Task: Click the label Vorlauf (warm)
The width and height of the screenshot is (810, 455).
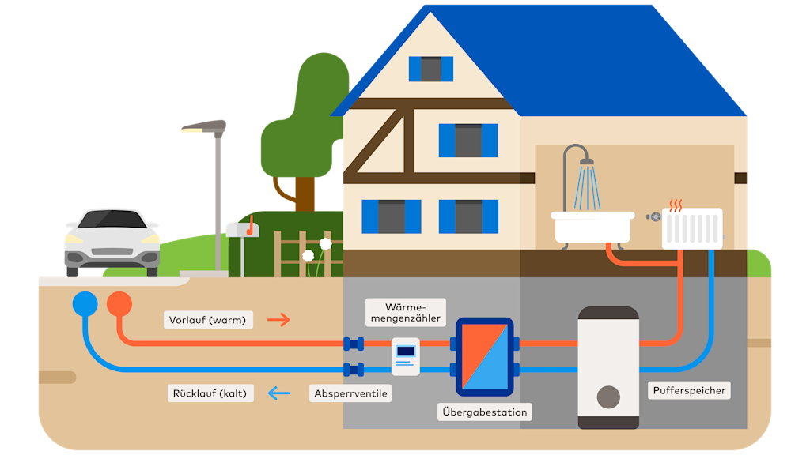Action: tap(208, 320)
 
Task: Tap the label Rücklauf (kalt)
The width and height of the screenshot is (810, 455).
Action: tap(210, 393)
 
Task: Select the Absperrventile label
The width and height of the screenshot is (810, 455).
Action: tap(350, 393)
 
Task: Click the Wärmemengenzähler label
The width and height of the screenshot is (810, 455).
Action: tap(405, 312)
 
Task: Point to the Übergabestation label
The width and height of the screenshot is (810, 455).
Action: tap(484, 412)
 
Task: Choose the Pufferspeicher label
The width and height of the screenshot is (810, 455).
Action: tap(689, 390)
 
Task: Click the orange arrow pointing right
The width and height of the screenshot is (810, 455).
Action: tap(278, 320)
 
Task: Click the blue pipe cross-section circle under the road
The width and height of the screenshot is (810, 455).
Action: tap(85, 303)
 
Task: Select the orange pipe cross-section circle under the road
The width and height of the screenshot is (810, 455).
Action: tap(119, 303)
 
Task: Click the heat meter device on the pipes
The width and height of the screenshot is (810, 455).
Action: tap(405, 355)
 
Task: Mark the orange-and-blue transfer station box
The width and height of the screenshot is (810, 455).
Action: tap(484, 356)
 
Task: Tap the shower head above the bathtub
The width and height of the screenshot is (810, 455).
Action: tap(586, 162)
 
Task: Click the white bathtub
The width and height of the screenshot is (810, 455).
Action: tap(593, 227)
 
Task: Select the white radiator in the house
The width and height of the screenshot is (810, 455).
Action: tap(692, 228)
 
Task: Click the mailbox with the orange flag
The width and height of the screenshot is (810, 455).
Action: tap(242, 230)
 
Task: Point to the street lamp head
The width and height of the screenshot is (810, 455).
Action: tap(204, 126)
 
